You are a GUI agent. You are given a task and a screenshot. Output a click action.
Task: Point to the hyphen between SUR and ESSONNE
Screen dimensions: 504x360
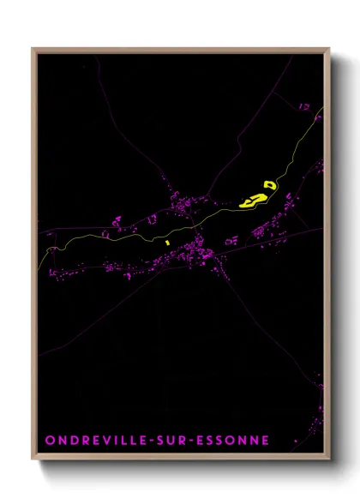point(200,441)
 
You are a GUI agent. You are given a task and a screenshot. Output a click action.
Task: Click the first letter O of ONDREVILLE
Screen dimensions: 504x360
point(50,441)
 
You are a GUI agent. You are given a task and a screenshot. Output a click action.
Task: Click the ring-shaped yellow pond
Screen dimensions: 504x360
point(270,184)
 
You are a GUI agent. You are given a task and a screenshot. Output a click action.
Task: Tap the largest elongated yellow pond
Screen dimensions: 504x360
point(252,201)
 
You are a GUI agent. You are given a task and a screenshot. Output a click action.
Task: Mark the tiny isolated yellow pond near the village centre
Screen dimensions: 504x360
point(168,242)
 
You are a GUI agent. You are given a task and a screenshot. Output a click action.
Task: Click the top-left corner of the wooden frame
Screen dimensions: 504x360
point(33,49)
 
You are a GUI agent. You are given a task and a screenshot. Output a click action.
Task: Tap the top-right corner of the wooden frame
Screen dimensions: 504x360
point(328,49)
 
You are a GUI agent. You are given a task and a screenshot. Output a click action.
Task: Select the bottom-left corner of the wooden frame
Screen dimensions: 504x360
point(33,459)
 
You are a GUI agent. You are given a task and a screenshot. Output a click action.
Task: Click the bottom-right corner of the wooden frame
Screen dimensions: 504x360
point(328,459)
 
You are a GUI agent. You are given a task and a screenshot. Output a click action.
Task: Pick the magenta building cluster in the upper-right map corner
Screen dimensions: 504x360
point(303,106)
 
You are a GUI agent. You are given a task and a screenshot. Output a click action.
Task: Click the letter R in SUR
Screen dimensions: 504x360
point(189,441)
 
